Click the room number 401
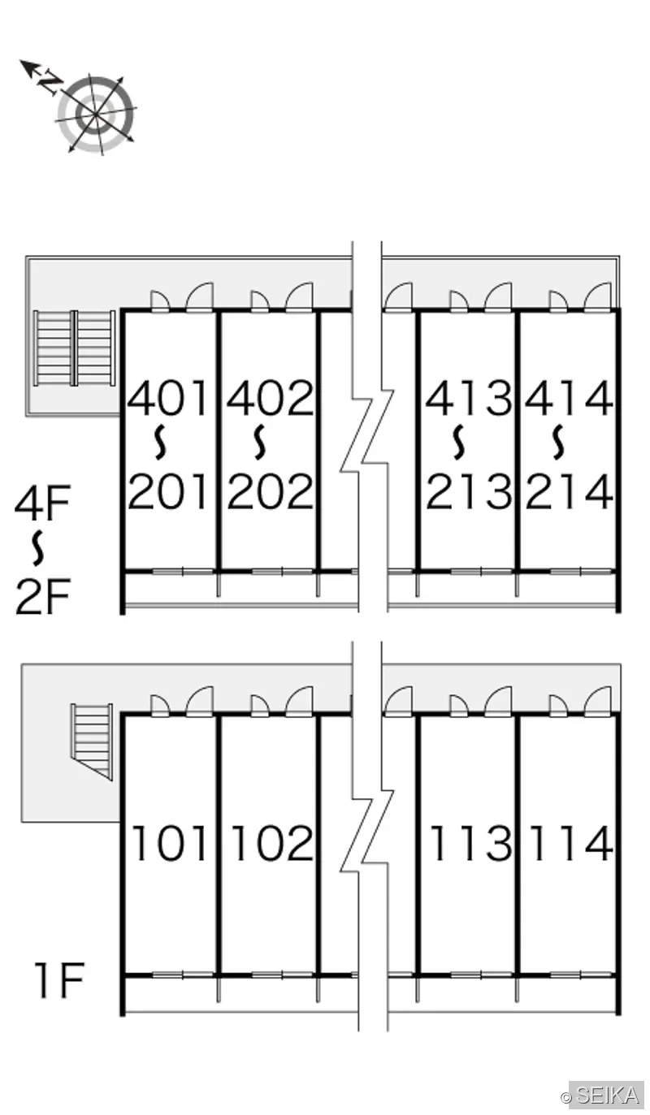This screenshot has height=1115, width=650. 167,398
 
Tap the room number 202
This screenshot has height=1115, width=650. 271,491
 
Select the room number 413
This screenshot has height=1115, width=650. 469,398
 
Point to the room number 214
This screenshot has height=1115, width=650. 569,491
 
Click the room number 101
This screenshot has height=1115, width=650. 169,842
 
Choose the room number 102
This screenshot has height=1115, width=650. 272,842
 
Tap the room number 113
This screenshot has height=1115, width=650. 470,842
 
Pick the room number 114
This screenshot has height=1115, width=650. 571,842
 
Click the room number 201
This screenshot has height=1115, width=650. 167,491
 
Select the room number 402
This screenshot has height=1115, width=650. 271,398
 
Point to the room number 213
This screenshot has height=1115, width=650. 469,491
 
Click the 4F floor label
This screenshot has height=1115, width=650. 42,503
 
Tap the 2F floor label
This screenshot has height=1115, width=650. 42,596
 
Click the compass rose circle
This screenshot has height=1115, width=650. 96,114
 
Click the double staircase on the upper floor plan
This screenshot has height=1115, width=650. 75,348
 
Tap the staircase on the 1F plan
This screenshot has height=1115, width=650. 92,741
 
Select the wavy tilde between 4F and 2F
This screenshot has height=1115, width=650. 38,549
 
